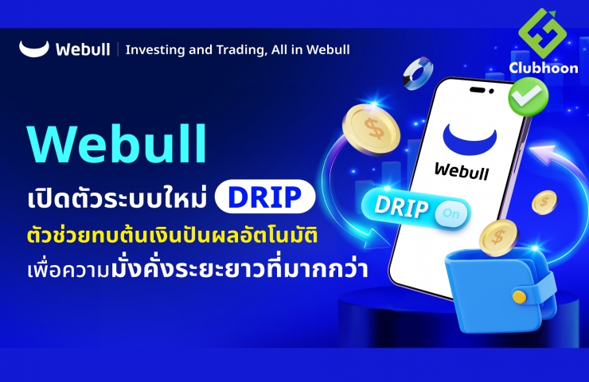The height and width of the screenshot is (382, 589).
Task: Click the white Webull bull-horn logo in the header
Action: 33,49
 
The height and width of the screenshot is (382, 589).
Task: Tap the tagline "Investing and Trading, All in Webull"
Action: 237,49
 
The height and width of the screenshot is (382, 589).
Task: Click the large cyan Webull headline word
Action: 117,143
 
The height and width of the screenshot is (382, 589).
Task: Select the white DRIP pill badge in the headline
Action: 265,197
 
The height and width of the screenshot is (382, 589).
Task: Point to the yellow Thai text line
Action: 173,236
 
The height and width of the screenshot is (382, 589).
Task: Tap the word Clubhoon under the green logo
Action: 544,68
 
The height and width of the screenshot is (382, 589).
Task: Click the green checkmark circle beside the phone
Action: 529,95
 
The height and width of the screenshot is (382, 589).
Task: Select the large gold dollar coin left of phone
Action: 371,130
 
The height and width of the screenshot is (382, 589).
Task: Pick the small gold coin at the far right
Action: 544,202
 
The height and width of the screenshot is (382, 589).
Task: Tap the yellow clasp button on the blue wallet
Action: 520,297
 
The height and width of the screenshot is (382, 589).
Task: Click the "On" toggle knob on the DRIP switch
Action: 451,214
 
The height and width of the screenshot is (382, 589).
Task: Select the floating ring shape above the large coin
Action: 418,73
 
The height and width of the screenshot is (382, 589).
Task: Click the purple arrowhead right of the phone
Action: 544,154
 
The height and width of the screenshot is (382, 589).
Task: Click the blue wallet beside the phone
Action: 501,290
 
